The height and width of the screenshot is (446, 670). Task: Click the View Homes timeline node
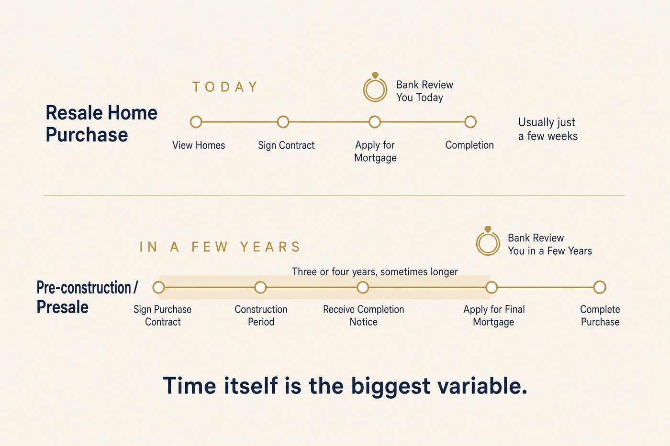pyautogui.click(x=196, y=122)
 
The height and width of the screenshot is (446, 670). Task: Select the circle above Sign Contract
pyautogui.click(x=283, y=122)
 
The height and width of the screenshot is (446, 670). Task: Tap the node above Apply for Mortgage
pyautogui.click(x=374, y=122)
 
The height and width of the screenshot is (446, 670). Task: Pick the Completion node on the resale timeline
pyautogui.click(x=470, y=122)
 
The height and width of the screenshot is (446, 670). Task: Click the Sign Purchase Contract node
pyautogui.click(x=158, y=287)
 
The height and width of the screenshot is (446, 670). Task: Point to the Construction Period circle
pyautogui.click(x=260, y=287)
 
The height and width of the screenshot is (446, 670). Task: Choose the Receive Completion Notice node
pyautogui.click(x=363, y=287)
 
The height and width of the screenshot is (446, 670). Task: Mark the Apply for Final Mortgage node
pyautogui.click(x=491, y=287)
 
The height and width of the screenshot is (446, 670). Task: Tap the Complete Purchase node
pyautogui.click(x=600, y=287)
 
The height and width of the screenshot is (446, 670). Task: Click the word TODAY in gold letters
pyautogui.click(x=225, y=87)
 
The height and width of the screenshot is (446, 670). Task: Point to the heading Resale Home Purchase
pyautogui.click(x=101, y=123)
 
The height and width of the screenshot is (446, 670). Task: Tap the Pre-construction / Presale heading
pyautogui.click(x=87, y=297)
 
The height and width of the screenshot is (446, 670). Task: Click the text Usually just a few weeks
pyautogui.click(x=547, y=129)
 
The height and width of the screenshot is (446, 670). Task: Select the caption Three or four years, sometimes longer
pyautogui.click(x=375, y=272)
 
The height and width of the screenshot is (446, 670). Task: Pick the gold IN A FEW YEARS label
pyautogui.click(x=220, y=247)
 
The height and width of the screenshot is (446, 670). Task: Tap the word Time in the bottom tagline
pyautogui.click(x=190, y=385)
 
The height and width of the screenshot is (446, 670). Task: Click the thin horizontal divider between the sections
pyautogui.click(x=334, y=196)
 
